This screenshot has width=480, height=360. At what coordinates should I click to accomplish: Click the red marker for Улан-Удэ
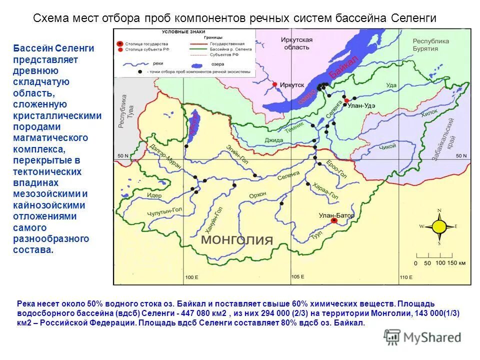point(346,100)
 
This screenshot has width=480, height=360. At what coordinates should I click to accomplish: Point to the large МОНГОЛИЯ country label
point(237,239)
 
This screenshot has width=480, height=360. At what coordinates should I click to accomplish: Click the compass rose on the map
point(439,226)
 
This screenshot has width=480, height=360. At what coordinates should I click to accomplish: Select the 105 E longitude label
point(297,277)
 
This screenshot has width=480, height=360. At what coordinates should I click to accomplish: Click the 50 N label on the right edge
point(460,156)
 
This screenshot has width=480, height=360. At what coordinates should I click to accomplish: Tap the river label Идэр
point(154,195)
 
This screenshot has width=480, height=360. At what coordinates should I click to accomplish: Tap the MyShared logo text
point(432,337)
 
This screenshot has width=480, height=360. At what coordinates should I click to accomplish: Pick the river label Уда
point(391,85)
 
